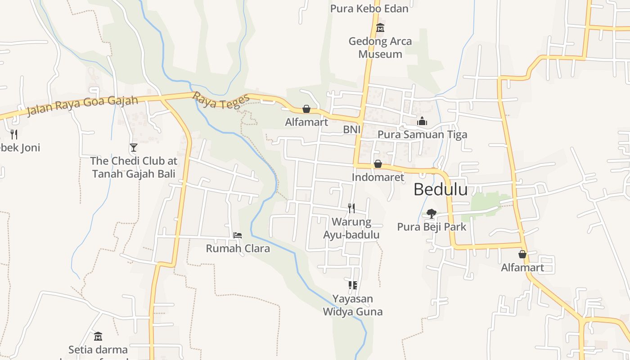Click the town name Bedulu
440,189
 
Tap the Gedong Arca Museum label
380,48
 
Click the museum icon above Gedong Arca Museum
380,28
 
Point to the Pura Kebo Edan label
369,9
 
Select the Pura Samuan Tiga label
422,135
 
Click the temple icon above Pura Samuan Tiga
422,121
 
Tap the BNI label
352,130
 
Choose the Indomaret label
378,177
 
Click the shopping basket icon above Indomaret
378,164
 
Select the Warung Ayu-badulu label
351,228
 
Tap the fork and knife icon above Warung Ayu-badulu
351,208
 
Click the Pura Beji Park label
432,227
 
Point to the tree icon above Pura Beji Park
432,213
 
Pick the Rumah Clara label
238,248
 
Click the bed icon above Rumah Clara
238,235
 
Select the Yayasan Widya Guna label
353,305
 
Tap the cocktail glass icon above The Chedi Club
133,147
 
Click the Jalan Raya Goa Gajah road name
82,105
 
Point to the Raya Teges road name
221,101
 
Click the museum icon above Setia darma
98,336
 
